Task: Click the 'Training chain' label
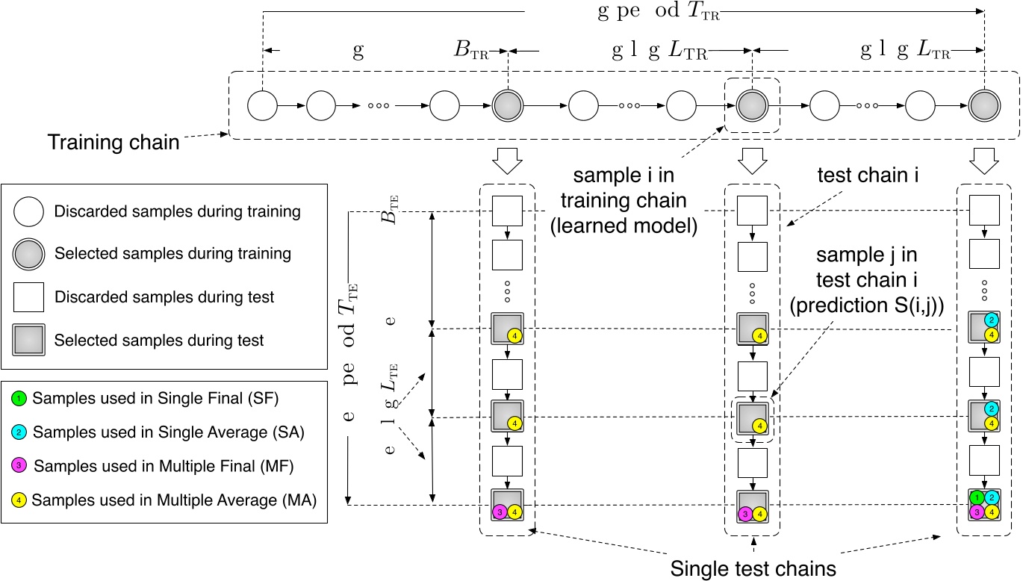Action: point(113,142)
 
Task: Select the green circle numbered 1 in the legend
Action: point(20,398)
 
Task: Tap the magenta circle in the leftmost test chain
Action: point(500,512)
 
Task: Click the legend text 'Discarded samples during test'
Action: point(164,297)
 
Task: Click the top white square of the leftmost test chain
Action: point(507,211)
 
